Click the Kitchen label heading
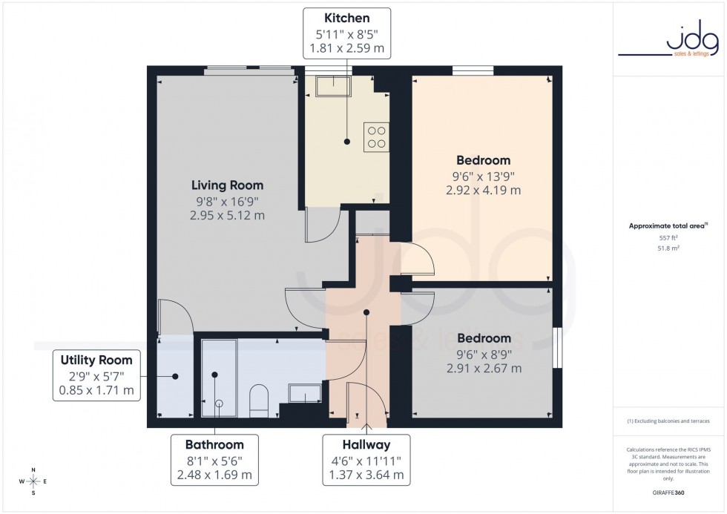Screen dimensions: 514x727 point(346,18)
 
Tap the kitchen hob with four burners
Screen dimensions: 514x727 point(376,137)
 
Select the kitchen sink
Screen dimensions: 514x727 point(333,87)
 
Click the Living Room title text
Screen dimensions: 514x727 point(227,185)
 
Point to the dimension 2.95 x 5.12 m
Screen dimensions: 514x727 point(227,216)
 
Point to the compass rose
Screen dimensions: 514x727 point(33,481)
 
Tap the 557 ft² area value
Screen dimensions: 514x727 point(668,238)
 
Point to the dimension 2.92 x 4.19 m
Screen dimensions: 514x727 point(483,190)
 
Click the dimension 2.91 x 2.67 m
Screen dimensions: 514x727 point(483,368)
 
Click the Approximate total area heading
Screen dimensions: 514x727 point(668,225)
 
